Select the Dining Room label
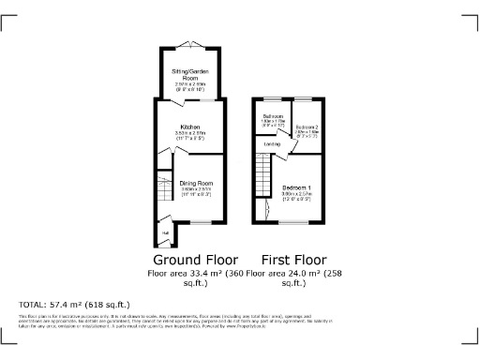[197, 183]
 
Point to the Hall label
[164, 233]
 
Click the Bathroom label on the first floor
[273, 116]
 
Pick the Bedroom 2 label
[307, 126]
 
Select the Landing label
[273, 144]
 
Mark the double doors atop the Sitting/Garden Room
[190, 46]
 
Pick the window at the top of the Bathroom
[273, 98]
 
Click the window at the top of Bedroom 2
[307, 98]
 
